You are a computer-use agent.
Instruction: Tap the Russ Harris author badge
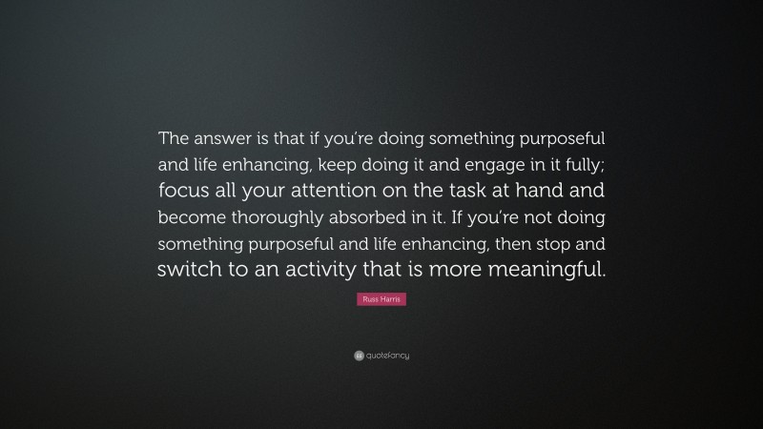point(381,300)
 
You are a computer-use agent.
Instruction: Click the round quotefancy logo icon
point(358,356)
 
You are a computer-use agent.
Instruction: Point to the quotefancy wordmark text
point(388,356)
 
